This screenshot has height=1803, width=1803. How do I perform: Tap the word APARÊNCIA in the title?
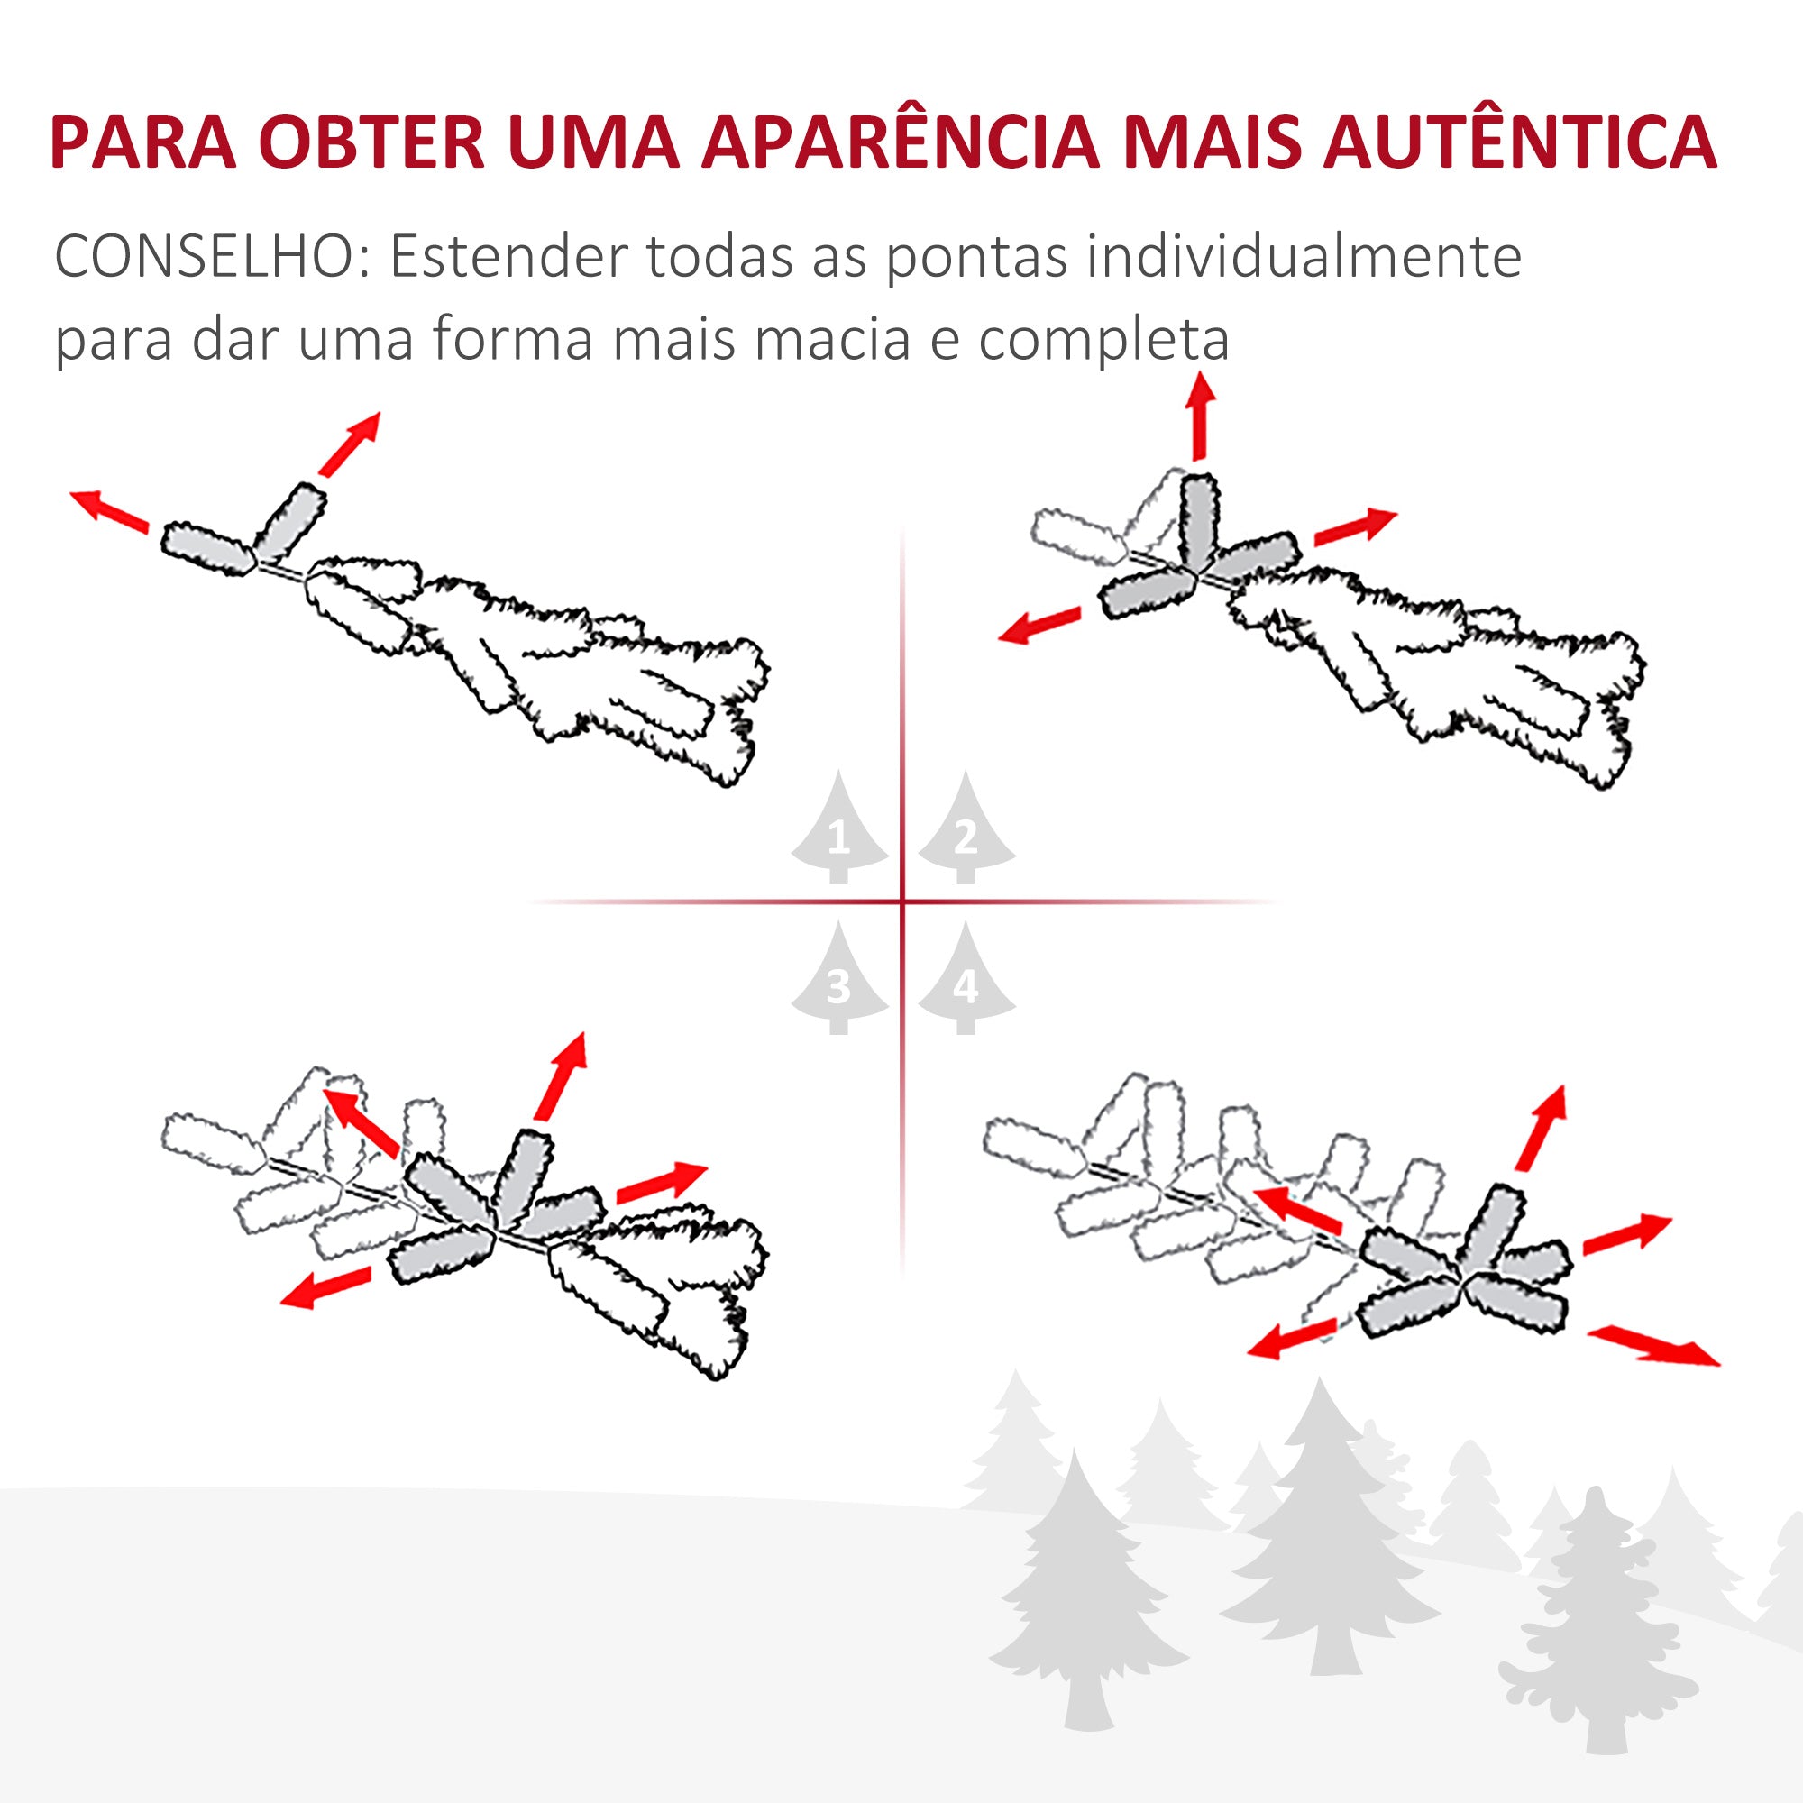point(901,142)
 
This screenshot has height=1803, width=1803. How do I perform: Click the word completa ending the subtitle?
point(1103,340)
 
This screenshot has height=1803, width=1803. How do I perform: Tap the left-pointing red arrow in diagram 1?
point(109,510)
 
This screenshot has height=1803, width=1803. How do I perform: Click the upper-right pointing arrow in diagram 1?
point(350,444)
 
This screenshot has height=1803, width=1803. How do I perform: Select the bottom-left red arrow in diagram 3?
point(325,1288)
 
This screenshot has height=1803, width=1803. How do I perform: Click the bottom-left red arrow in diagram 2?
point(1039,626)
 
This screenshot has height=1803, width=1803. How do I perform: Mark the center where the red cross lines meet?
point(902,901)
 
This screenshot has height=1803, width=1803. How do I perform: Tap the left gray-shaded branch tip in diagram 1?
point(208,549)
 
